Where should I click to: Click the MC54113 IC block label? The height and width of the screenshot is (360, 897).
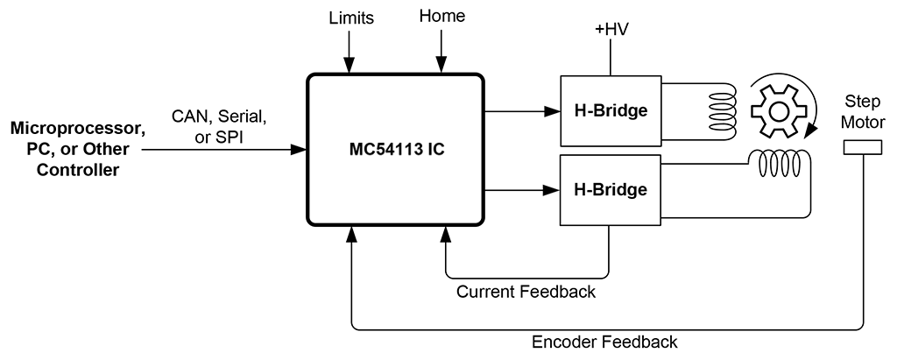click(x=393, y=150)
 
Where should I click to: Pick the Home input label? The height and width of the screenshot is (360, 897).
click(x=442, y=16)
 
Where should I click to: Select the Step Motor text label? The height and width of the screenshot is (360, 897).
click(x=862, y=111)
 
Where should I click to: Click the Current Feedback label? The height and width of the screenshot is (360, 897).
click(x=526, y=292)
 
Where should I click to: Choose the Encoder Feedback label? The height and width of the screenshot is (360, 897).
click(x=604, y=341)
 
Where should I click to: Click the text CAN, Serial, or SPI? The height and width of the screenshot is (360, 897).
click(x=219, y=125)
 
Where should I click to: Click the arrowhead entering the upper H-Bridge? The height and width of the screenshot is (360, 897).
click(x=553, y=111)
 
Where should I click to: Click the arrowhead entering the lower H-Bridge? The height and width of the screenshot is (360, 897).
click(x=553, y=189)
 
